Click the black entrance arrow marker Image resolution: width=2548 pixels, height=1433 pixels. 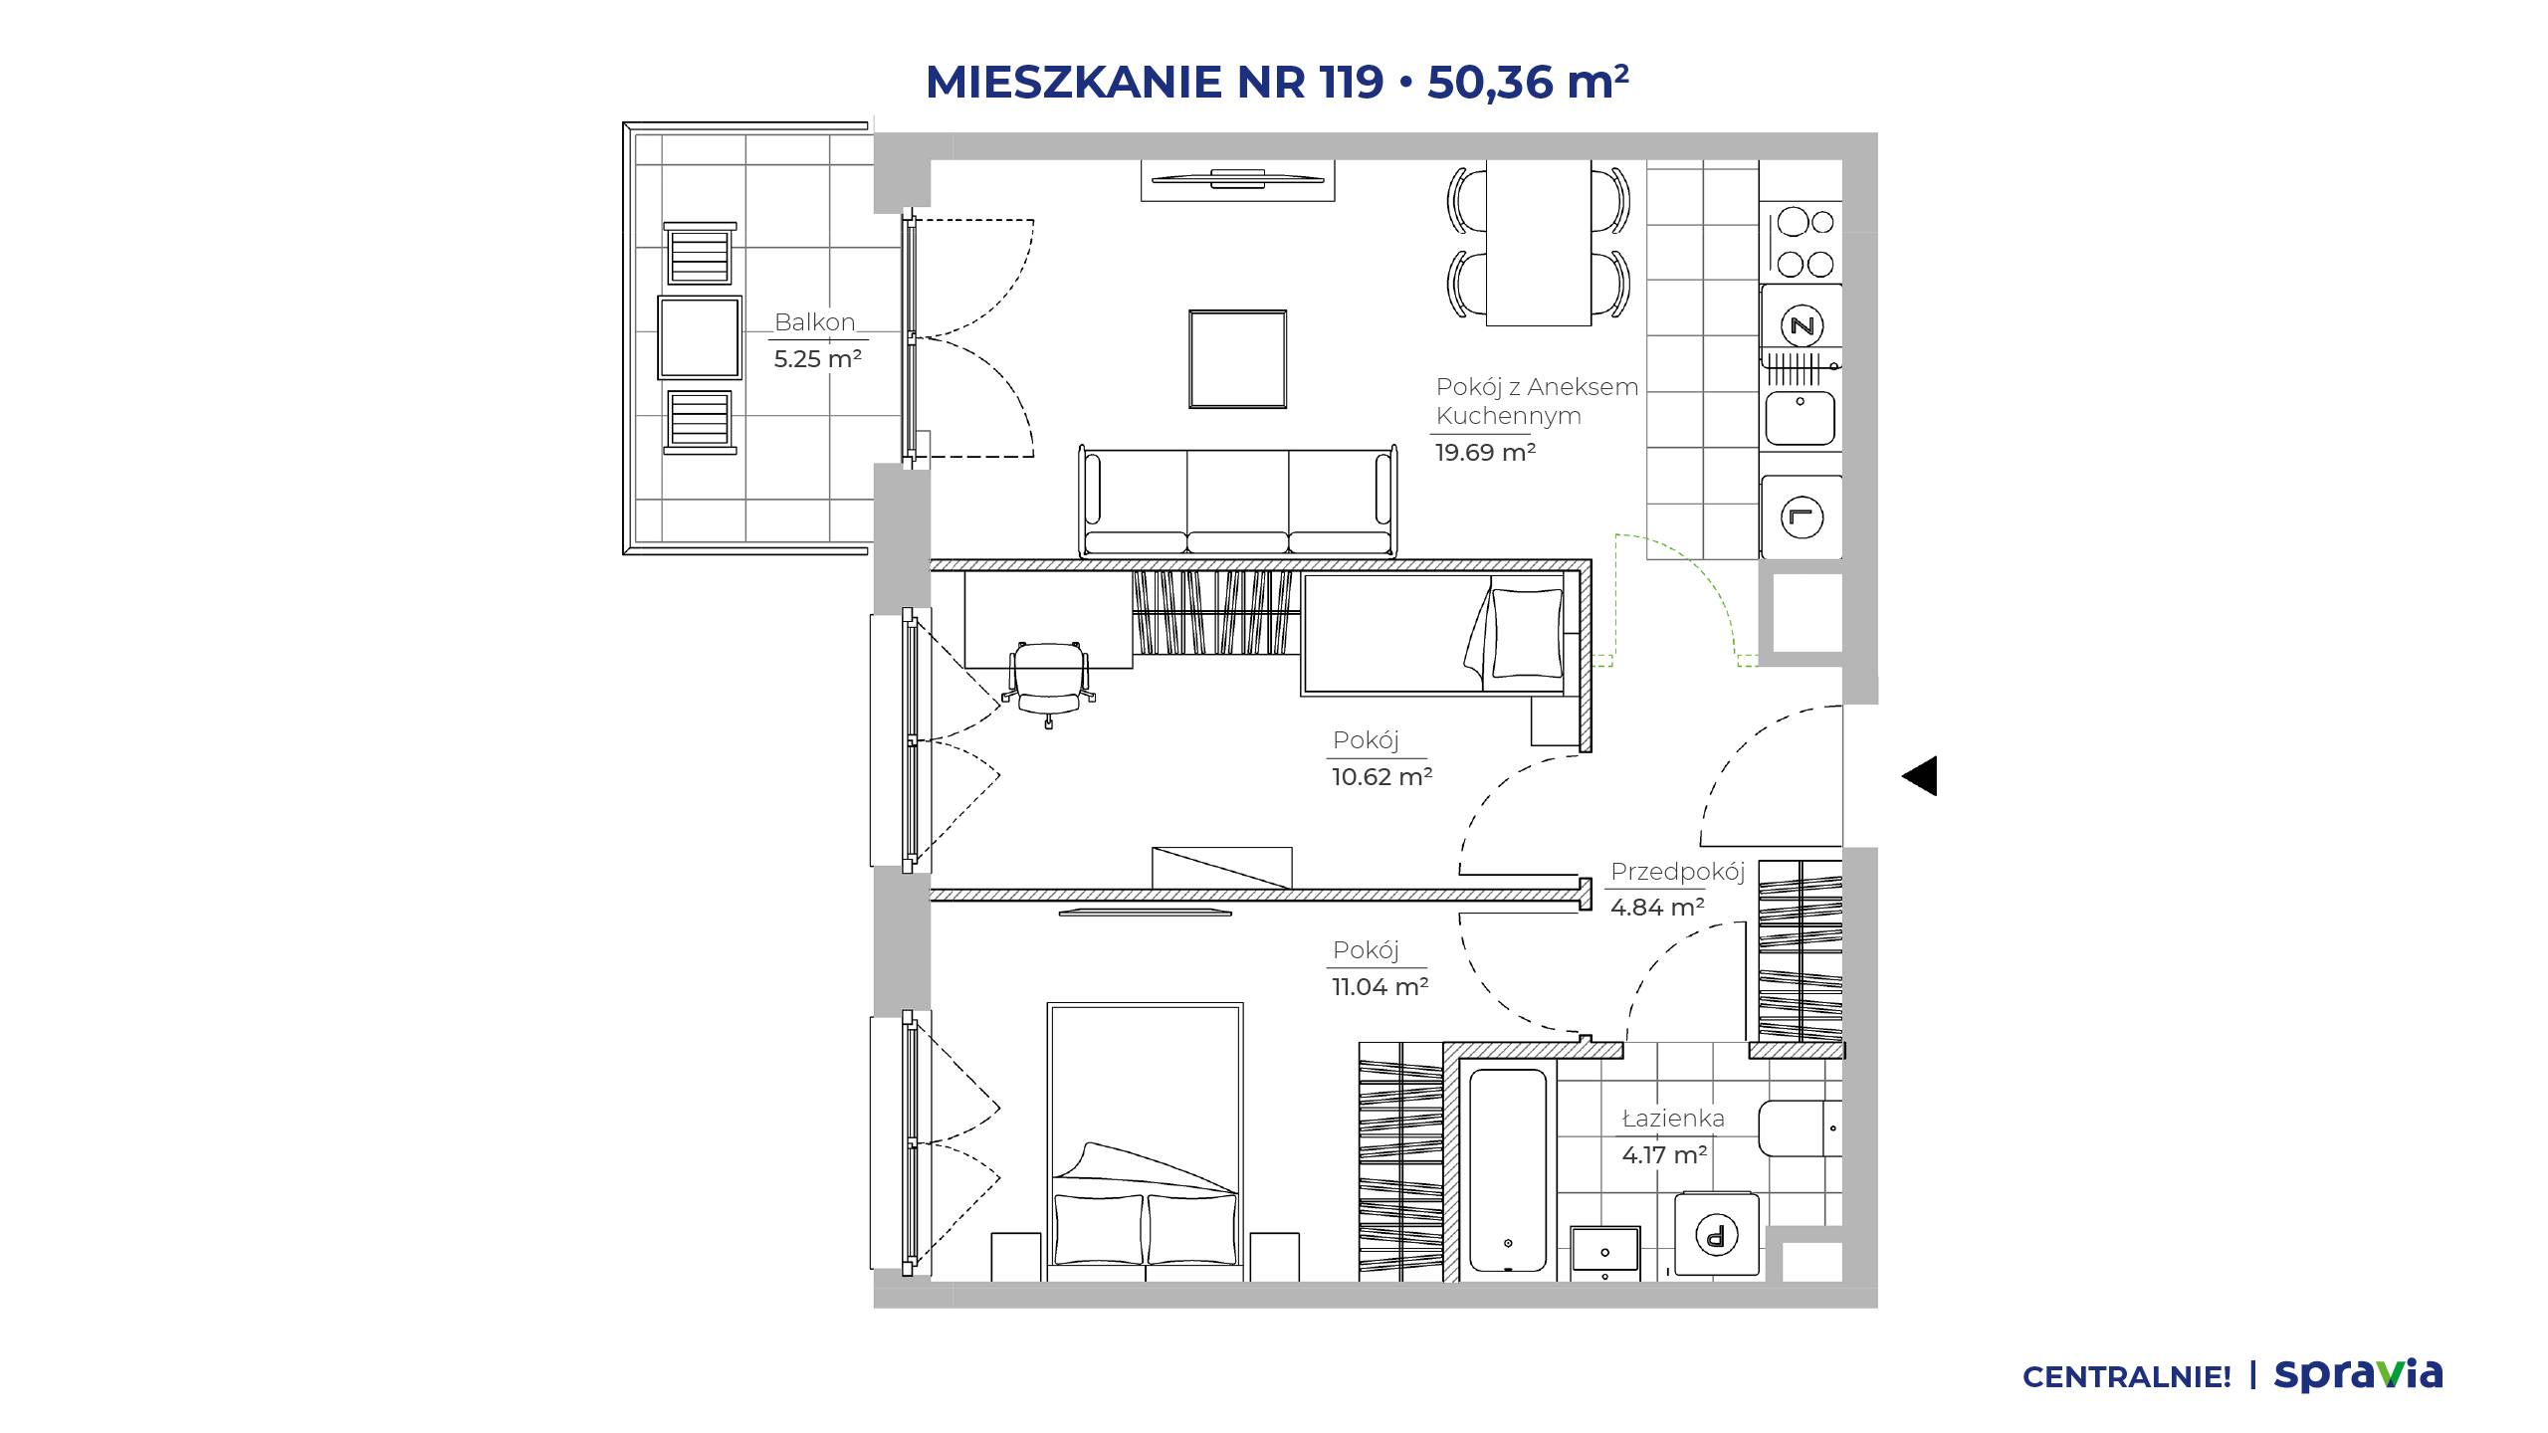[1920, 776]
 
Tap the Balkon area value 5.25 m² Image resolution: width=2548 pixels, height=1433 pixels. [817, 359]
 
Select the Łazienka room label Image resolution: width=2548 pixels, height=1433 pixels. [1673, 1119]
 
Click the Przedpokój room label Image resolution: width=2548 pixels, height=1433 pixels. [1678, 872]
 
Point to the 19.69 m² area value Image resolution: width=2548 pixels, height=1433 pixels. [1485, 453]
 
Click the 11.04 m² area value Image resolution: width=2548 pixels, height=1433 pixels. [1380, 987]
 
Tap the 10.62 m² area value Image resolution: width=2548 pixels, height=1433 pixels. [1382, 777]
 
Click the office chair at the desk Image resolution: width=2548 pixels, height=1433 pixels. [1048, 683]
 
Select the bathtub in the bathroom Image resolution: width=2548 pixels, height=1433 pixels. [1508, 1170]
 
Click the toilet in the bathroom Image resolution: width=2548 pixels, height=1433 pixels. [1801, 1128]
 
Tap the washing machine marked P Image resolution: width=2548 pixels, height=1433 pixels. [1716, 1235]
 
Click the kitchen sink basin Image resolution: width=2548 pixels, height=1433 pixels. [1801, 418]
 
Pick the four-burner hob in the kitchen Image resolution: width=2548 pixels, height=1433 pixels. [1805, 243]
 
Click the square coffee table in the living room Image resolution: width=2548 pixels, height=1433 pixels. [1237, 358]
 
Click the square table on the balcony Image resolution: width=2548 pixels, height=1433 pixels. [700, 337]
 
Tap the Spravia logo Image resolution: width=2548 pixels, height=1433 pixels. [2358, 1374]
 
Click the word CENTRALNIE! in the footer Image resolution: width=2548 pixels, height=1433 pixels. [2126, 1377]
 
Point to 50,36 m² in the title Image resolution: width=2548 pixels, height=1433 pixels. [1528, 82]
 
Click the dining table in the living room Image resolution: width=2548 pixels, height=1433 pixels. [1538, 244]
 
